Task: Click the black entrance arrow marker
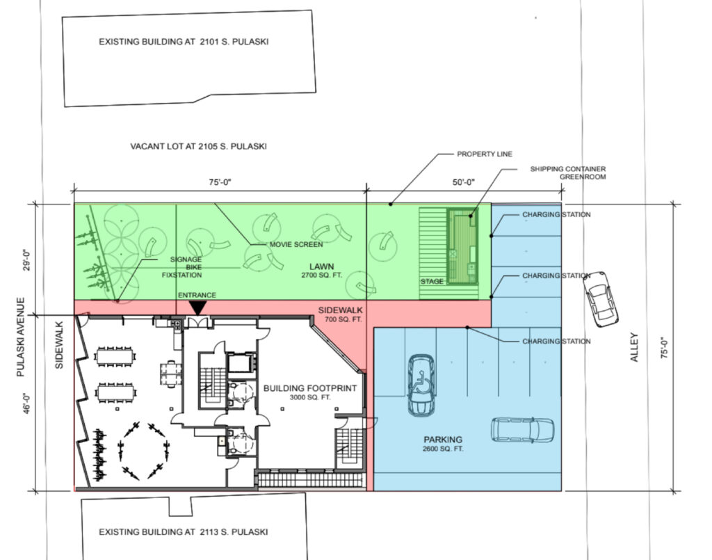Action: click(x=198, y=308)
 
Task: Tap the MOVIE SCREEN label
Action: click(x=296, y=244)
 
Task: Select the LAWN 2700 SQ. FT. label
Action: click(x=321, y=270)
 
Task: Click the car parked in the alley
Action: click(x=600, y=299)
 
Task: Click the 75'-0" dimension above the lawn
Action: click(x=220, y=182)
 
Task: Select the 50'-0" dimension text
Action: click(x=464, y=182)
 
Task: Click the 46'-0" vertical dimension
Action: click(x=27, y=403)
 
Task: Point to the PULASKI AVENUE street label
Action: click(x=20, y=337)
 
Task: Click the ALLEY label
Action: click(x=634, y=347)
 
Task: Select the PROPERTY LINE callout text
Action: click(x=485, y=154)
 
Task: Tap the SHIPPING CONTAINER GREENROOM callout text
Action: click(x=568, y=173)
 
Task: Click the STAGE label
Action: click(x=432, y=282)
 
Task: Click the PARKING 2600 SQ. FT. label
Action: click(x=443, y=444)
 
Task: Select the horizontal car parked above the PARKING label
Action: click(x=522, y=430)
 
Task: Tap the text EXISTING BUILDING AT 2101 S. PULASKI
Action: click(x=184, y=42)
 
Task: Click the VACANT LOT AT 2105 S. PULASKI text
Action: click(x=198, y=147)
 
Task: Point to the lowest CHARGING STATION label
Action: click(x=556, y=341)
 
